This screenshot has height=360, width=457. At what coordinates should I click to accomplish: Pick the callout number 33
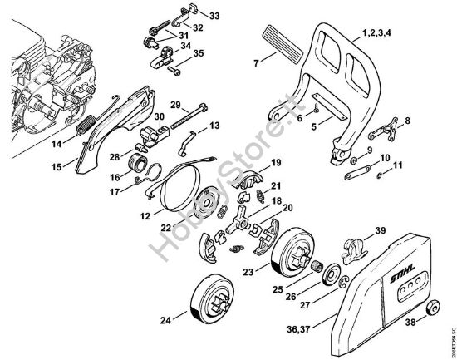214,16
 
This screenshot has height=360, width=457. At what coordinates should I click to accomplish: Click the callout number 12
146,215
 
